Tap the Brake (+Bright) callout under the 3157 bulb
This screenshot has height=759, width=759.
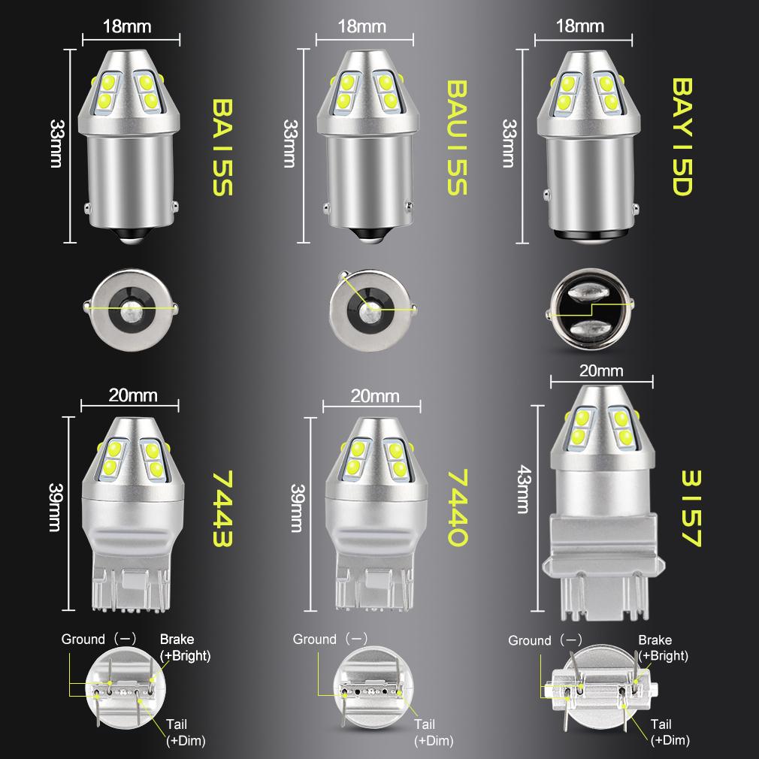(663, 648)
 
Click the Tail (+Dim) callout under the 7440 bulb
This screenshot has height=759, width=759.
(434, 733)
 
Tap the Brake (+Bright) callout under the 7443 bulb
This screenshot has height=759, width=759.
(185, 647)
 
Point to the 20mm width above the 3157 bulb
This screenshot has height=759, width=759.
(602, 370)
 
